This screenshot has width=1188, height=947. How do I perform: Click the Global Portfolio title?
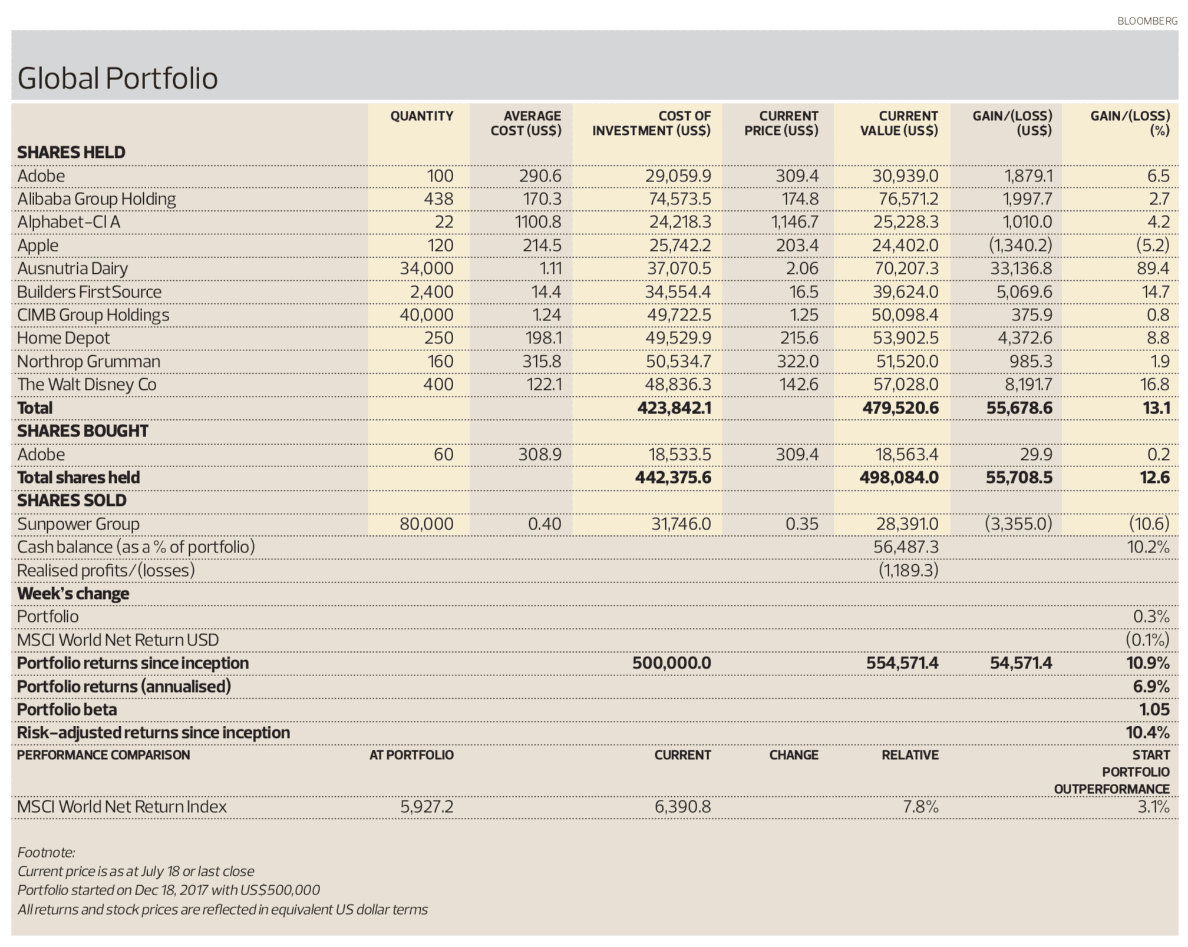[x=117, y=78]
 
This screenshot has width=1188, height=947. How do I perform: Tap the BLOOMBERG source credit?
[x=1147, y=21]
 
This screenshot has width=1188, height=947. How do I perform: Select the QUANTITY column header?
[x=421, y=116]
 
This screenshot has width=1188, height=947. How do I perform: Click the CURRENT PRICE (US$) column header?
[x=781, y=123]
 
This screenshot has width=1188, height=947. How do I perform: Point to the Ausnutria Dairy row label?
[x=72, y=269]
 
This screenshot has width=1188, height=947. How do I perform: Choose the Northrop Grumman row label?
[x=88, y=361]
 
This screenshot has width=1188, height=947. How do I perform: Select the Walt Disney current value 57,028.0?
[x=905, y=385]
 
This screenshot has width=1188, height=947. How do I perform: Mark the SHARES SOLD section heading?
[x=71, y=501]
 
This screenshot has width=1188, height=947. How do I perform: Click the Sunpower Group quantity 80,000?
[x=426, y=524]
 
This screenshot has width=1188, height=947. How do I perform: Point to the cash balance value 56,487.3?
[x=905, y=547]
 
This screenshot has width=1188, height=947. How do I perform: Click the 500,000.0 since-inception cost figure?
[x=671, y=663]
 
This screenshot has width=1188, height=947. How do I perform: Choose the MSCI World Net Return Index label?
[x=121, y=806]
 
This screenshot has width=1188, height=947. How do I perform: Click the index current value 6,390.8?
[x=682, y=806]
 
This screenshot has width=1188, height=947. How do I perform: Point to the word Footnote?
[x=46, y=852]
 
